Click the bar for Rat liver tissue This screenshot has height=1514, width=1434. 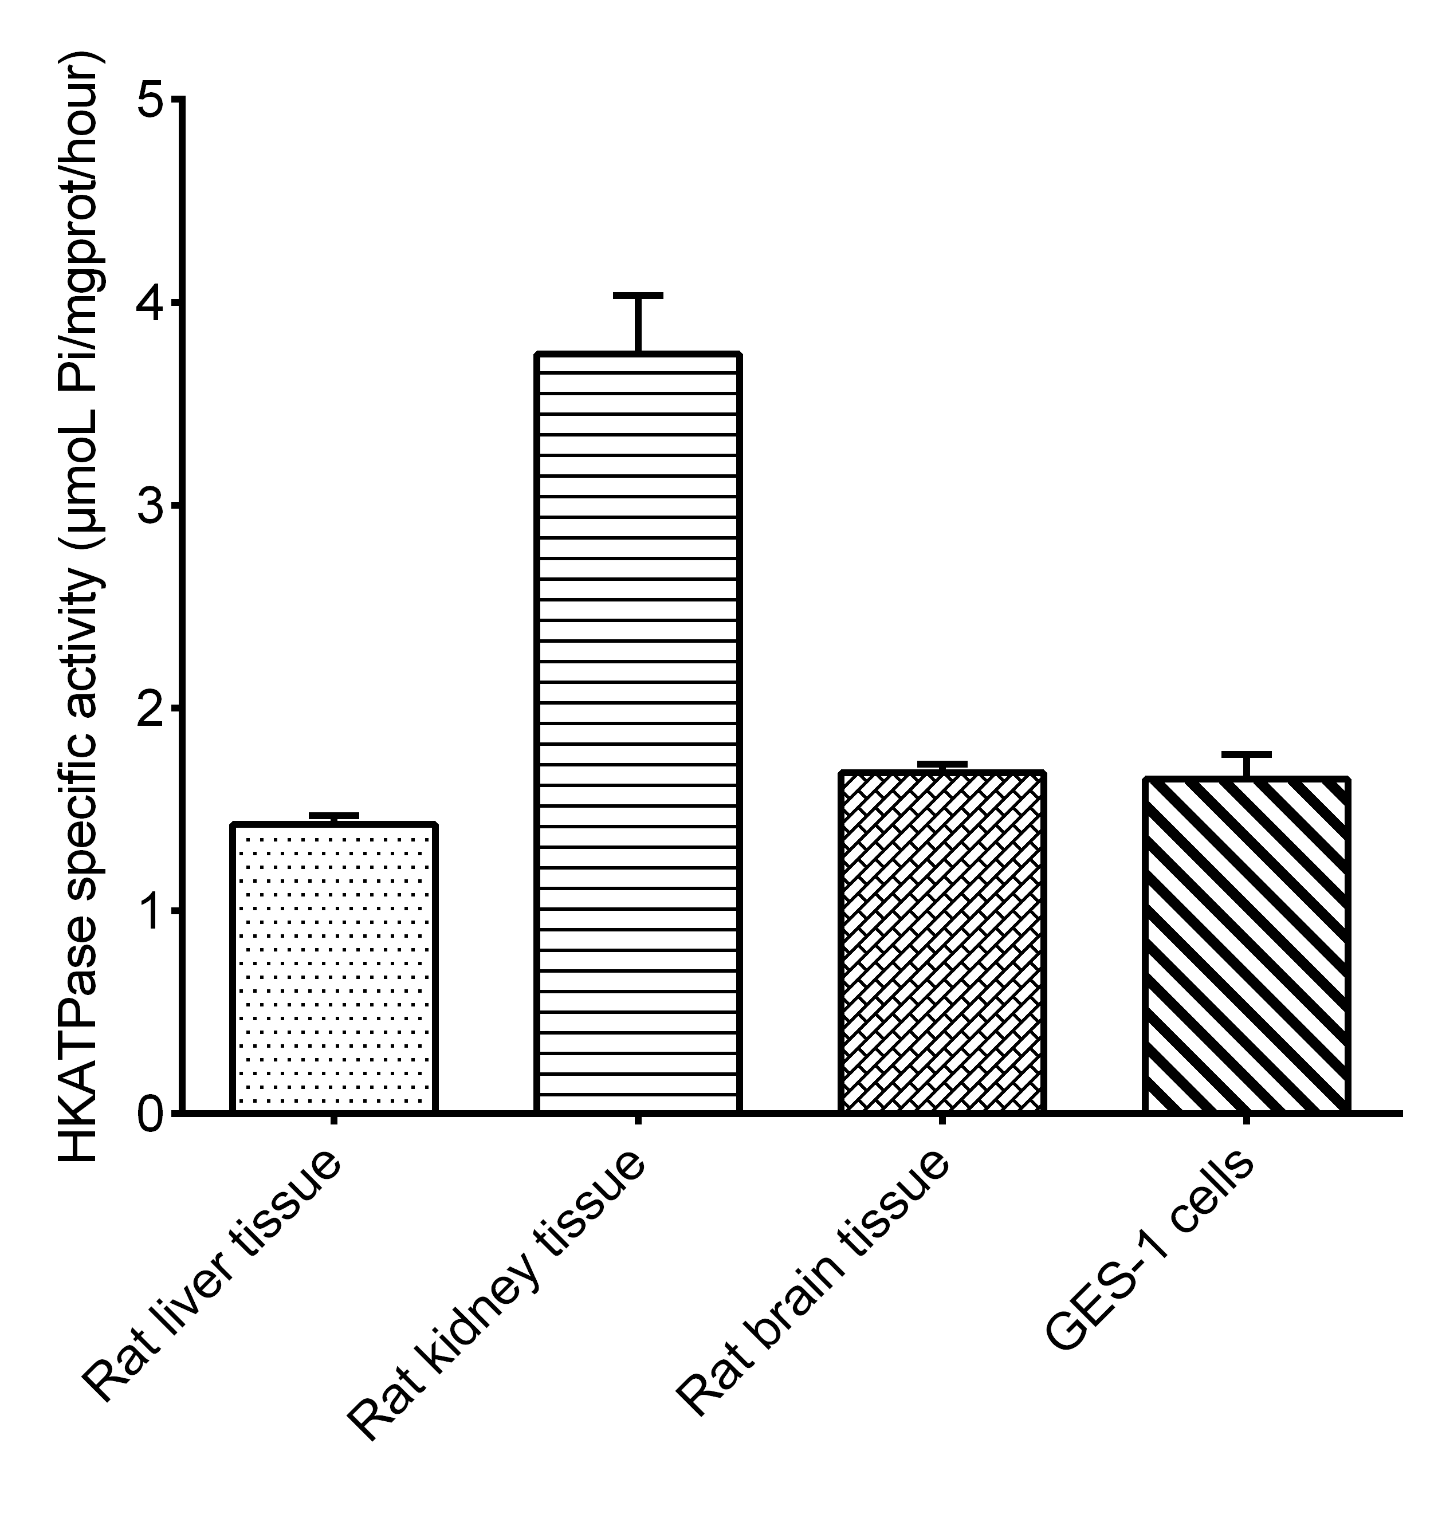(x=333, y=968)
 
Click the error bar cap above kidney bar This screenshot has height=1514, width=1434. (x=638, y=295)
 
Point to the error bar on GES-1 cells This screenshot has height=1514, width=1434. (x=1246, y=765)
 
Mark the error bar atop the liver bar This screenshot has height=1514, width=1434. (x=333, y=819)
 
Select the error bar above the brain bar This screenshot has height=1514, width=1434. (x=942, y=768)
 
